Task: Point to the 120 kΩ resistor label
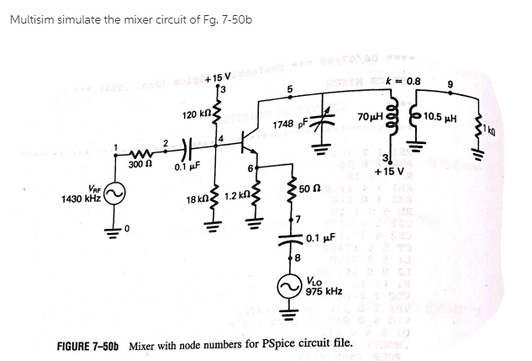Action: [198, 113]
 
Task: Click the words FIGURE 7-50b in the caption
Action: [88, 346]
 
